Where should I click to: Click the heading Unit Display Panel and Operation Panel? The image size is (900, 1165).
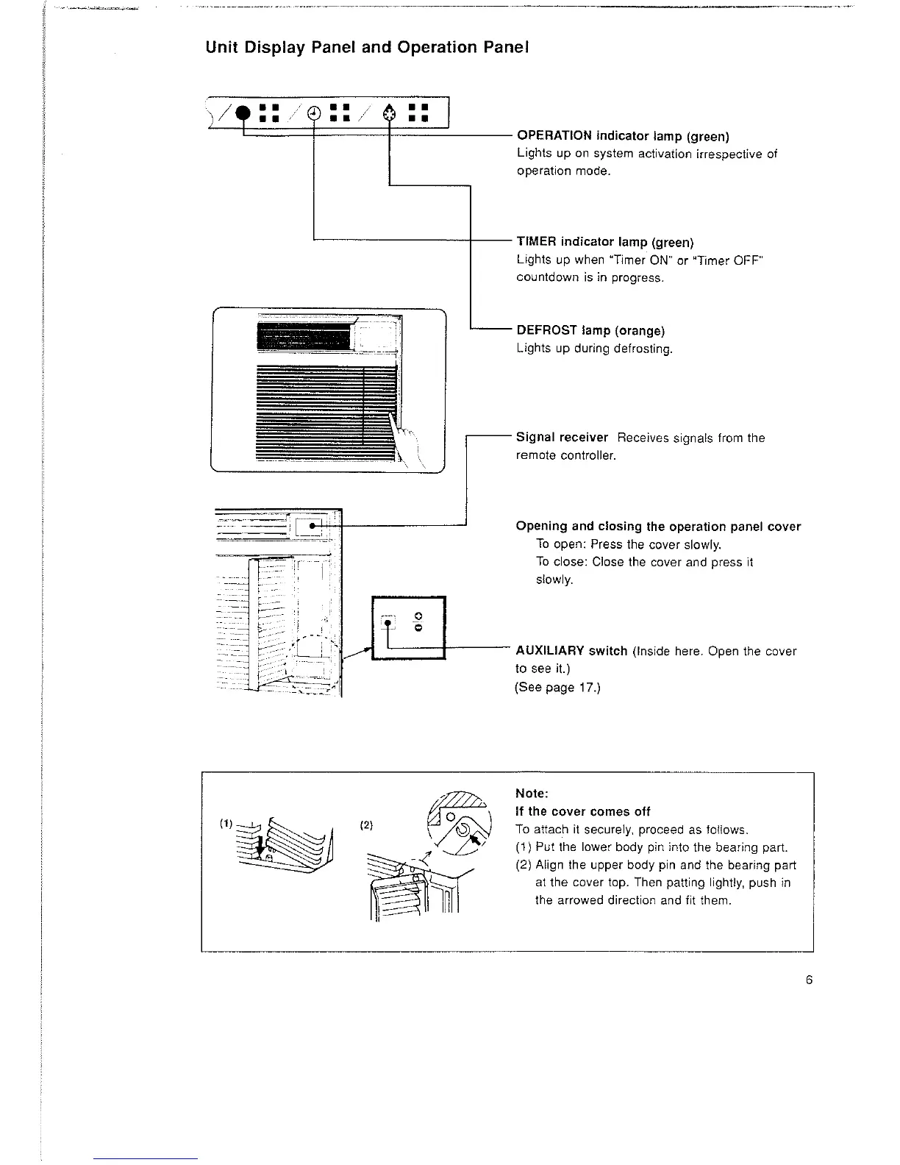[367, 48]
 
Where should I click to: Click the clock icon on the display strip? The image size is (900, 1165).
[314, 113]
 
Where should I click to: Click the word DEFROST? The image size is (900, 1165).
[543, 330]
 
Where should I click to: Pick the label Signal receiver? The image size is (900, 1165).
[562, 438]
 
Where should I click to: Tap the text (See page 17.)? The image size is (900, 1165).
[557, 688]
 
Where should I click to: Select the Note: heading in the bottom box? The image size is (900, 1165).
[532, 794]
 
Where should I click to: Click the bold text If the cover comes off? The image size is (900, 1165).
[583, 811]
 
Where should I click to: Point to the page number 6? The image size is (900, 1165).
[809, 980]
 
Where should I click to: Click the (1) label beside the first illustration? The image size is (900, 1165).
[225, 824]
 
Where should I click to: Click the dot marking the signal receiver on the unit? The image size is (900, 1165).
[312, 527]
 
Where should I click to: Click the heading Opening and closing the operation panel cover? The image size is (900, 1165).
[658, 527]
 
